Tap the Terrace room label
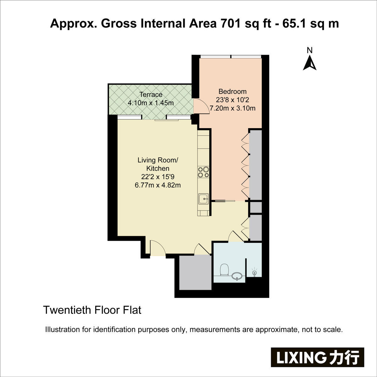(x=151, y=95)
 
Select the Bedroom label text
(x=232, y=91)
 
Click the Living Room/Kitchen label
(x=158, y=164)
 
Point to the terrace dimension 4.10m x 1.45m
(x=151, y=103)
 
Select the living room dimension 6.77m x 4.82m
(x=158, y=185)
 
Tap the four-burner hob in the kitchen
(x=203, y=172)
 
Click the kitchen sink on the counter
(x=204, y=199)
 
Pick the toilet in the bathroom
(x=224, y=270)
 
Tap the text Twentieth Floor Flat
(x=92, y=310)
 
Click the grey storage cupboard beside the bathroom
(x=195, y=272)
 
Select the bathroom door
(x=236, y=237)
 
